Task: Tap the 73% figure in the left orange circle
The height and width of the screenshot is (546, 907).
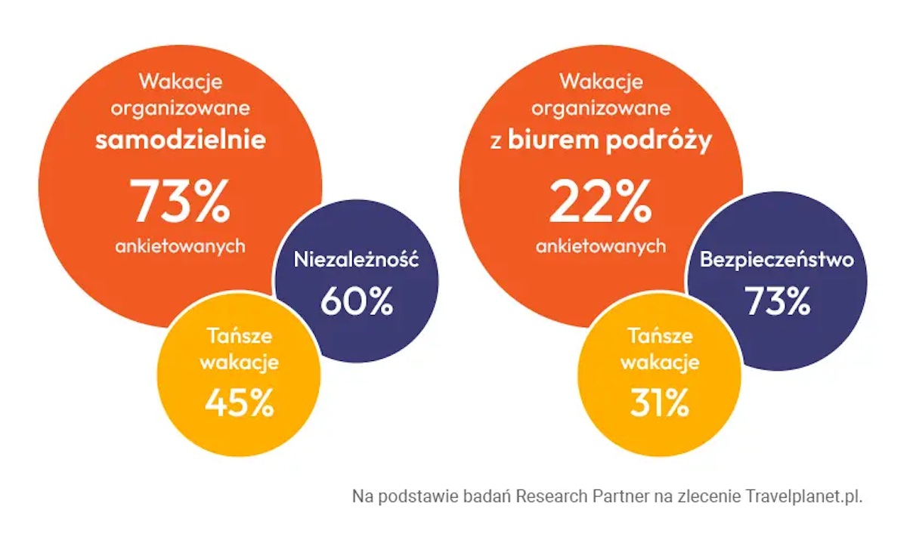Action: click(181, 202)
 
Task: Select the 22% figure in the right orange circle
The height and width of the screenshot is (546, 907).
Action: click(601, 202)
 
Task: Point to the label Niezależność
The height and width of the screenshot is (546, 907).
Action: click(356, 261)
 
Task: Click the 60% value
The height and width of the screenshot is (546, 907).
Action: click(356, 301)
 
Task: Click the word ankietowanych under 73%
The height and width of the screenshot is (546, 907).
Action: click(181, 246)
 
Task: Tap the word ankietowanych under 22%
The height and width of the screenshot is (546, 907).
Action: click(601, 246)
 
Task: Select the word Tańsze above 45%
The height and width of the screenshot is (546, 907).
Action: click(239, 337)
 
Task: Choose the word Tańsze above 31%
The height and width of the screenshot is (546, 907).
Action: click(659, 337)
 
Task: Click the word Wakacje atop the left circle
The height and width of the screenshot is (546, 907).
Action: click(181, 80)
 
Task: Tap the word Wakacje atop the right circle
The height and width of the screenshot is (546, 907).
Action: click(601, 80)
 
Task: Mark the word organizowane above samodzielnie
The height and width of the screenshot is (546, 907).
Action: click(181, 108)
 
